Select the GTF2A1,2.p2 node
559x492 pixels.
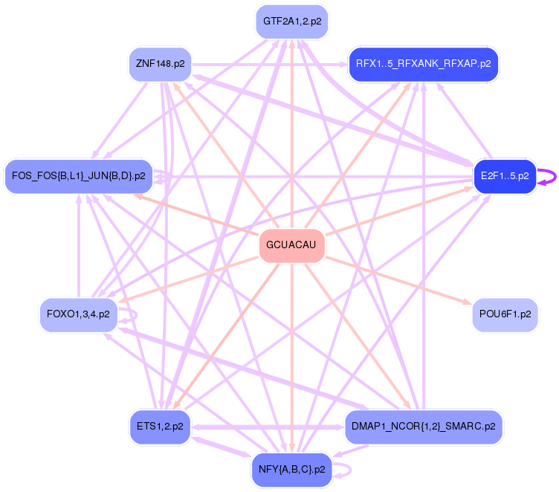tap(291, 22)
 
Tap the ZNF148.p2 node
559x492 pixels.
tap(160, 64)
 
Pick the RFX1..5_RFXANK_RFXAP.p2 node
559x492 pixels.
tap(423, 64)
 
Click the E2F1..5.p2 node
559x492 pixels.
tap(505, 176)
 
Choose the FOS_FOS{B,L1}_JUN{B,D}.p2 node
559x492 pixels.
tap(79, 176)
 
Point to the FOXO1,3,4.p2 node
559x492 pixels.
tap(78, 314)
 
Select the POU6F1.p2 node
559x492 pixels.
tap(505, 314)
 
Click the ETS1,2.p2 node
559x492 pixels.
tap(160, 427)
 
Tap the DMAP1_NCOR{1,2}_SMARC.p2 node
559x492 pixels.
tap(423, 427)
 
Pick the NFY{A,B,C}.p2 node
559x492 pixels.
tap(291, 470)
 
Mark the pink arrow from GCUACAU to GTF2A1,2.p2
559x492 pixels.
tap(291, 134)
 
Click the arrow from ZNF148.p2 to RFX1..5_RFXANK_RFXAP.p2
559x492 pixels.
tap(268, 64)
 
